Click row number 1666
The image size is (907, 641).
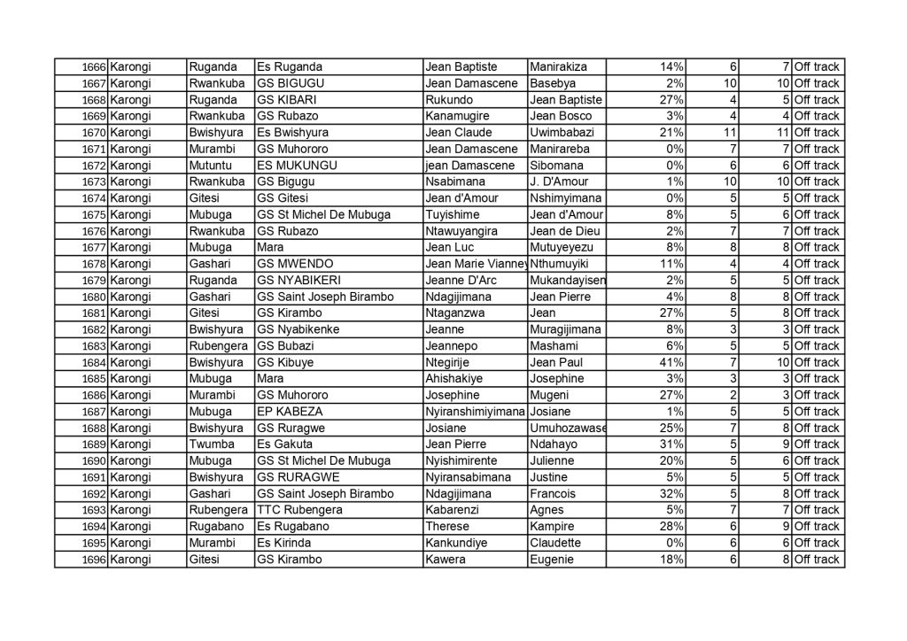(93, 67)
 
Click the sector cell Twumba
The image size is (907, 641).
(209, 444)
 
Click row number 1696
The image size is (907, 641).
(93, 560)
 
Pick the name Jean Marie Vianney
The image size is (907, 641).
(477, 264)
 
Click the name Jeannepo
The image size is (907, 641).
(455, 346)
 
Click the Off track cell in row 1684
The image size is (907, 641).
(816, 363)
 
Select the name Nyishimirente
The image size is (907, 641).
(461, 461)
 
